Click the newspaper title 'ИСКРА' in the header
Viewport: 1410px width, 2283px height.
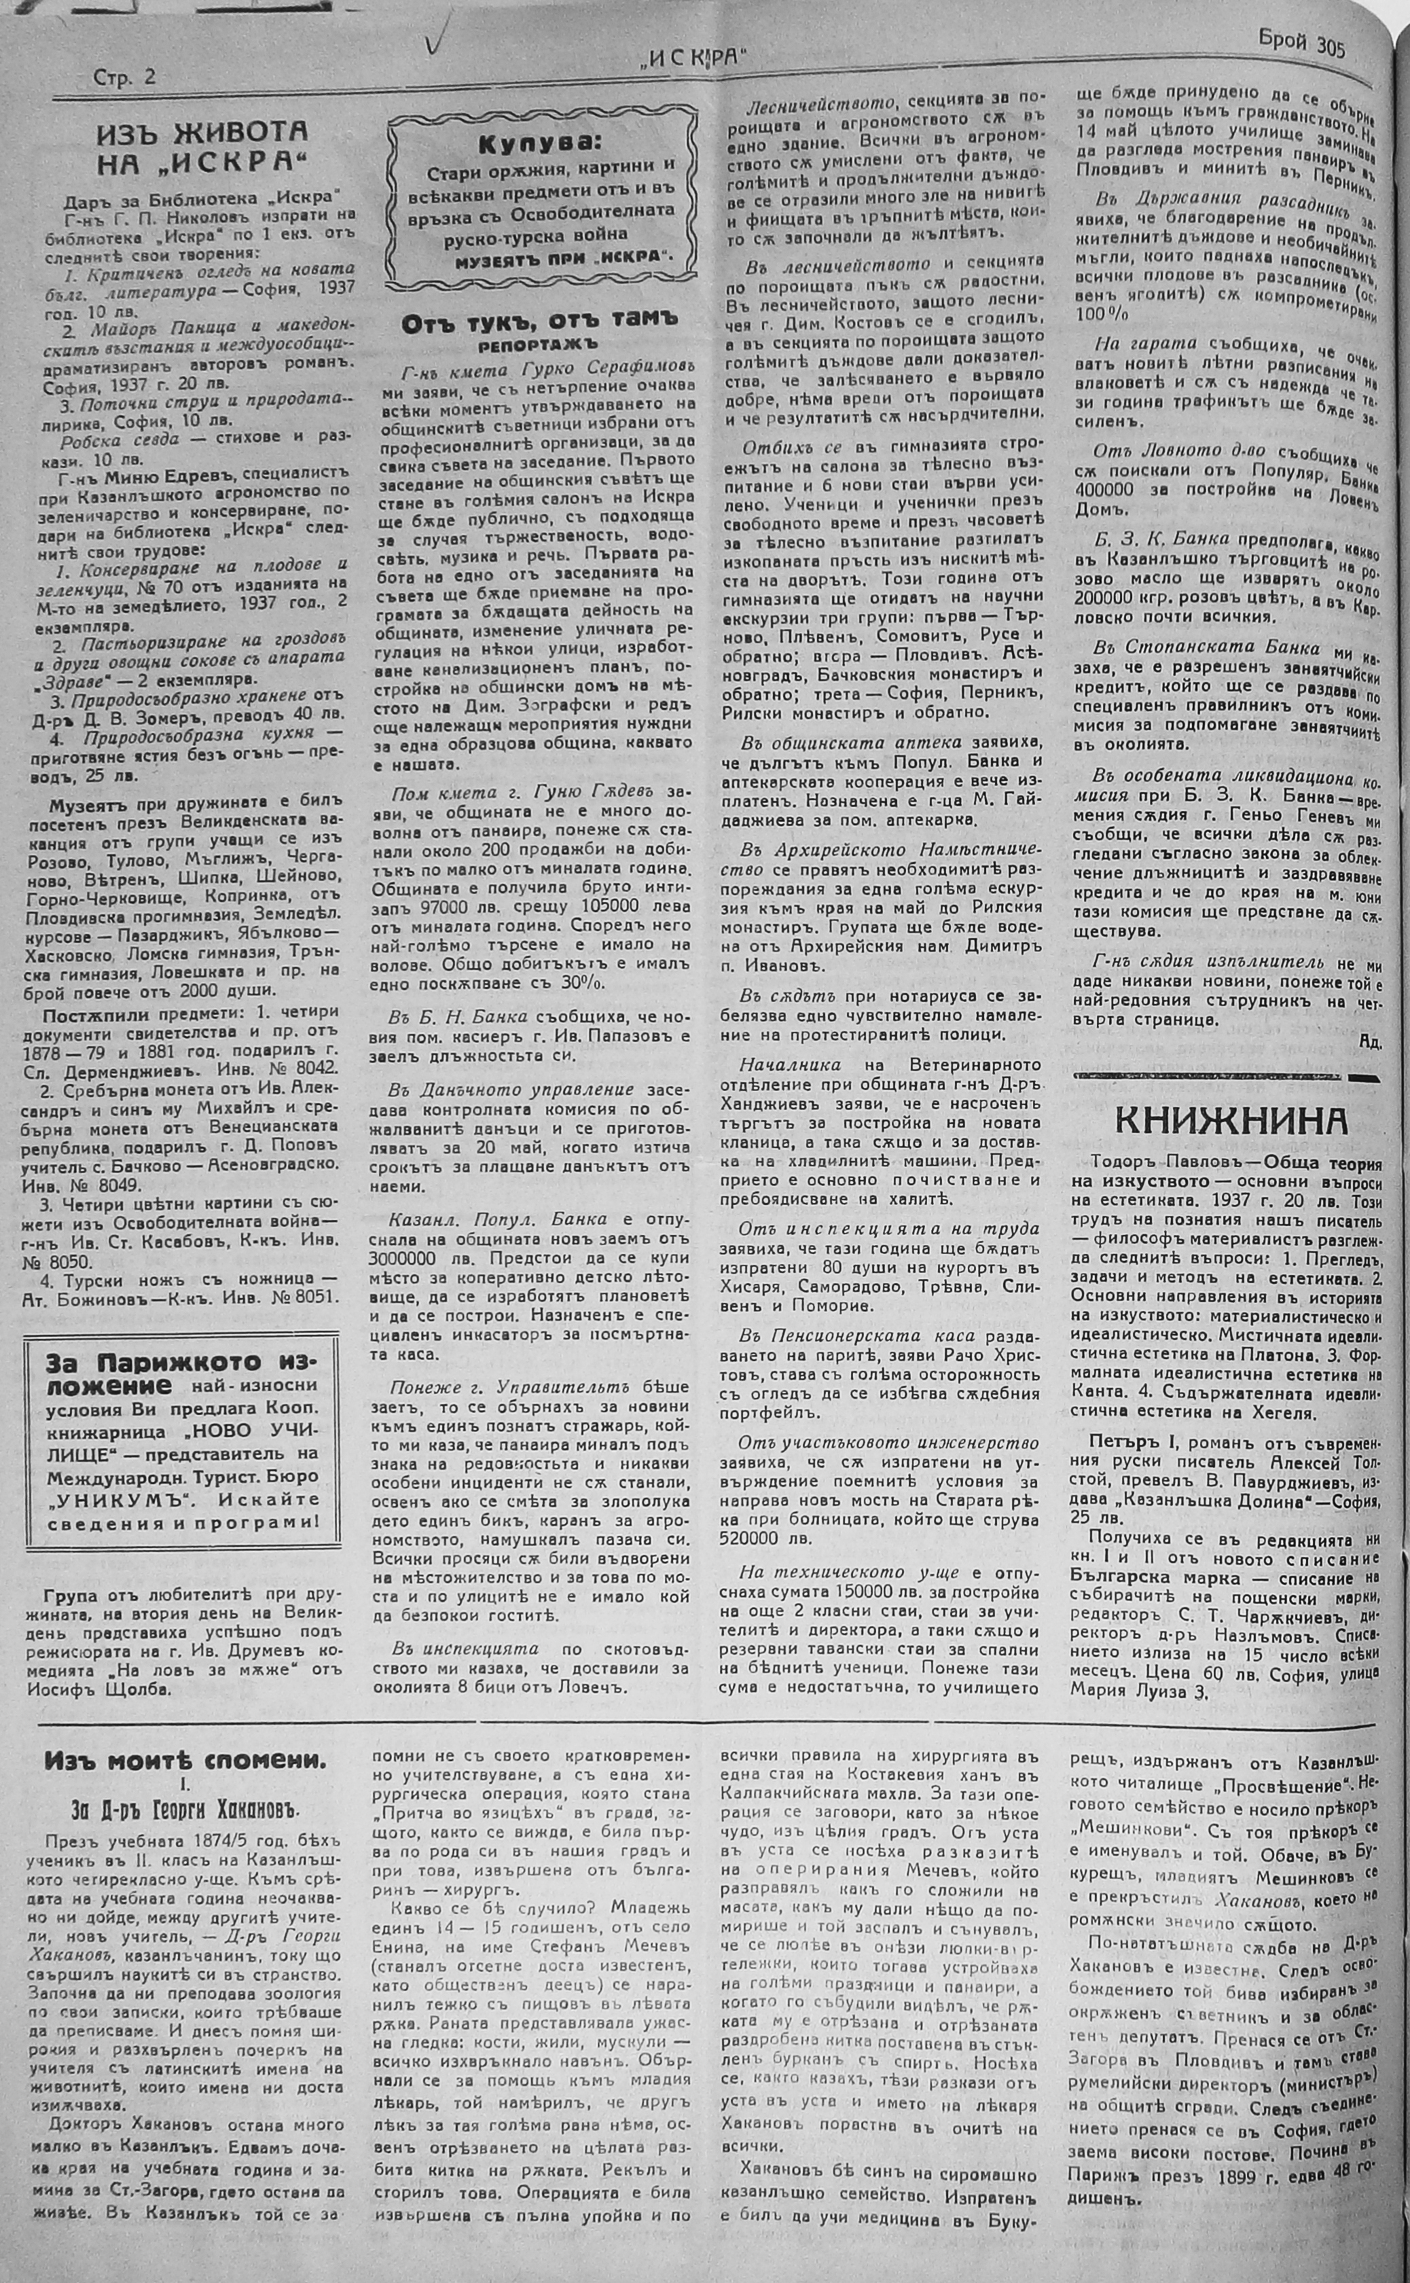click(697, 60)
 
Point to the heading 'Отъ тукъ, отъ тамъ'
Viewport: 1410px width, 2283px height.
click(540, 323)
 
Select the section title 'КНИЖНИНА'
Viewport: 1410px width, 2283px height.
click(1231, 1121)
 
